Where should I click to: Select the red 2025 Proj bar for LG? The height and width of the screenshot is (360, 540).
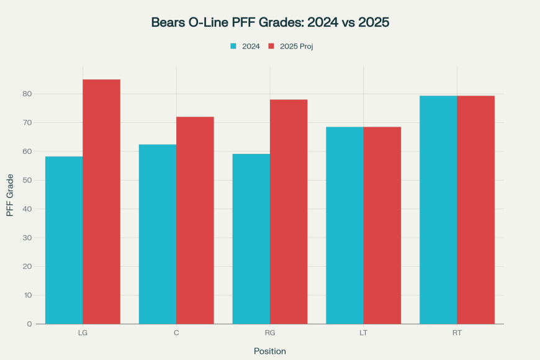pos(101,202)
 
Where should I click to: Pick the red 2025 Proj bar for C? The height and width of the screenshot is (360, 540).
pos(195,220)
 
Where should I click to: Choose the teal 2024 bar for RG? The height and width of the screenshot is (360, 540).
pos(251,239)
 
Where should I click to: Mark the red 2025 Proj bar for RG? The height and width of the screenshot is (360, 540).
pos(289,212)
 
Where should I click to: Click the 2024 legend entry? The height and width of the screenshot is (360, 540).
pos(245,46)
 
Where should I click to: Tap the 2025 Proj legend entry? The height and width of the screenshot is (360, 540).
pos(290,46)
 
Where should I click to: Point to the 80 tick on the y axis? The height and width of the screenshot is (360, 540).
pos(27,94)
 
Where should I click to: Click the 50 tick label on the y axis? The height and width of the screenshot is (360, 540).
pos(27,180)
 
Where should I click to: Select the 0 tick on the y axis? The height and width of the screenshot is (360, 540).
pos(29,324)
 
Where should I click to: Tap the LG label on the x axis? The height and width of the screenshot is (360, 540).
pos(83,333)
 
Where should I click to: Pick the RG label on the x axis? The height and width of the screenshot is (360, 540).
pos(270,333)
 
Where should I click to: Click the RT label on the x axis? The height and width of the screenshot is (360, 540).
pos(457,333)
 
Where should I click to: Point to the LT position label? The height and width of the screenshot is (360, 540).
pos(363,333)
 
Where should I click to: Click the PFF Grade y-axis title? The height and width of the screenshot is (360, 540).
pos(10,195)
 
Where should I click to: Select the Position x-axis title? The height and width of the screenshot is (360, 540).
pos(270,351)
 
